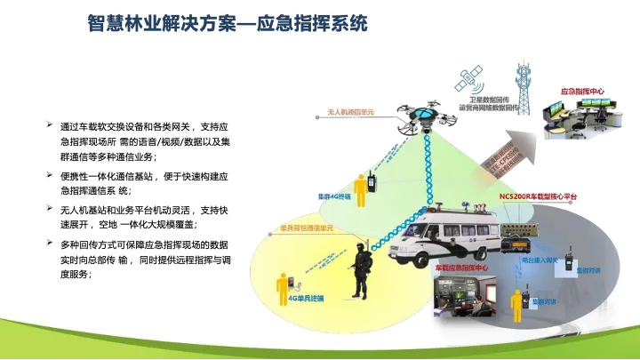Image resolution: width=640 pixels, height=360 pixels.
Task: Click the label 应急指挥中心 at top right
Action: pos(582,92)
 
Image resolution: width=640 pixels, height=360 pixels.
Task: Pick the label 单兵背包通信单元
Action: pos(306,229)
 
